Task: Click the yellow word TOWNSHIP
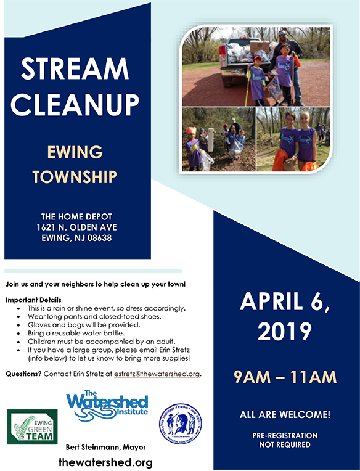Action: pos(75,177)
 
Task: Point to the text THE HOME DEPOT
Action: pos(76,216)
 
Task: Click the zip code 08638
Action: pos(98,238)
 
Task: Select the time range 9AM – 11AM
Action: pos(284,375)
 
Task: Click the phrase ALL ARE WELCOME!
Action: pos(284,415)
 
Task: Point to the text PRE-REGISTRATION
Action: pos(285,435)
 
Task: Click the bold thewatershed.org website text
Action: pos(105,462)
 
